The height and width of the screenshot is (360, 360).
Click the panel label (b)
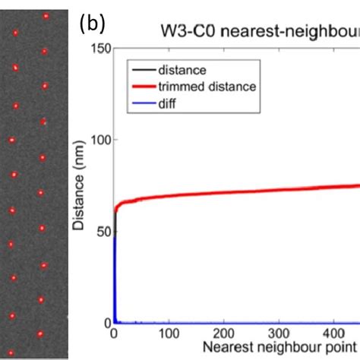pyautogui.click(x=93, y=24)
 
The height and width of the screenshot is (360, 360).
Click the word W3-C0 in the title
pyautogui.click(x=186, y=32)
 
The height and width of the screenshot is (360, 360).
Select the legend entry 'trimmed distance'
pyautogui.click(x=207, y=87)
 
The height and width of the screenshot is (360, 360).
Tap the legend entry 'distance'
pyautogui.click(x=182, y=71)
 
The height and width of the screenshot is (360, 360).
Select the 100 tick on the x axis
pyautogui.click(x=169, y=333)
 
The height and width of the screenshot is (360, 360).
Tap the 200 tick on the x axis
pyautogui.click(x=224, y=333)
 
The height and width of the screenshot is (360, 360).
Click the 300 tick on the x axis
pyautogui.click(x=279, y=333)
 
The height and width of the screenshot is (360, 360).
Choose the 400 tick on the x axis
pyautogui.click(x=335, y=333)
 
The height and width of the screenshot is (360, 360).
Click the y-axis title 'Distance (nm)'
pyautogui.click(x=80, y=186)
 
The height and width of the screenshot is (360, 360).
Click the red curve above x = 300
pyautogui.click(x=279, y=190)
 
